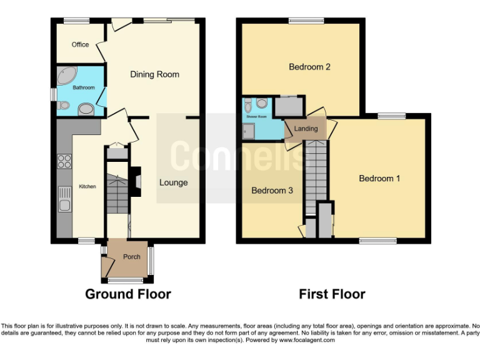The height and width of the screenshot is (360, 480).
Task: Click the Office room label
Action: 80,44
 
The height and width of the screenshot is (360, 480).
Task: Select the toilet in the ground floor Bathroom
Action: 62,106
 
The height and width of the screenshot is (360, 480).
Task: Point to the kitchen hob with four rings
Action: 64,162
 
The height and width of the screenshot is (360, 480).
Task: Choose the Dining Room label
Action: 154,74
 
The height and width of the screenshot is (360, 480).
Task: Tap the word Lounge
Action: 173,182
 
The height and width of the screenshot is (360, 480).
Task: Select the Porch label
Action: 131,257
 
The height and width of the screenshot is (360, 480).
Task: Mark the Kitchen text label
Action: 87,186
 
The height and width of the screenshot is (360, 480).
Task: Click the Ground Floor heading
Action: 127,294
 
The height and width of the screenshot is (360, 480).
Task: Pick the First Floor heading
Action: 332,294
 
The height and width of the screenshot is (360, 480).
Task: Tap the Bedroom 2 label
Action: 309,67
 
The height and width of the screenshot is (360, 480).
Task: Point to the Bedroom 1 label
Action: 379,179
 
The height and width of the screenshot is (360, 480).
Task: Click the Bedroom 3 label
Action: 272,191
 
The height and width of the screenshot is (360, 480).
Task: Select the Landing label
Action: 306,129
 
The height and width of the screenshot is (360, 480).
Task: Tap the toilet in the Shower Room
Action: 261,103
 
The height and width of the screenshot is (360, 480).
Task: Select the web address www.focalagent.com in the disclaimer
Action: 307,341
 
